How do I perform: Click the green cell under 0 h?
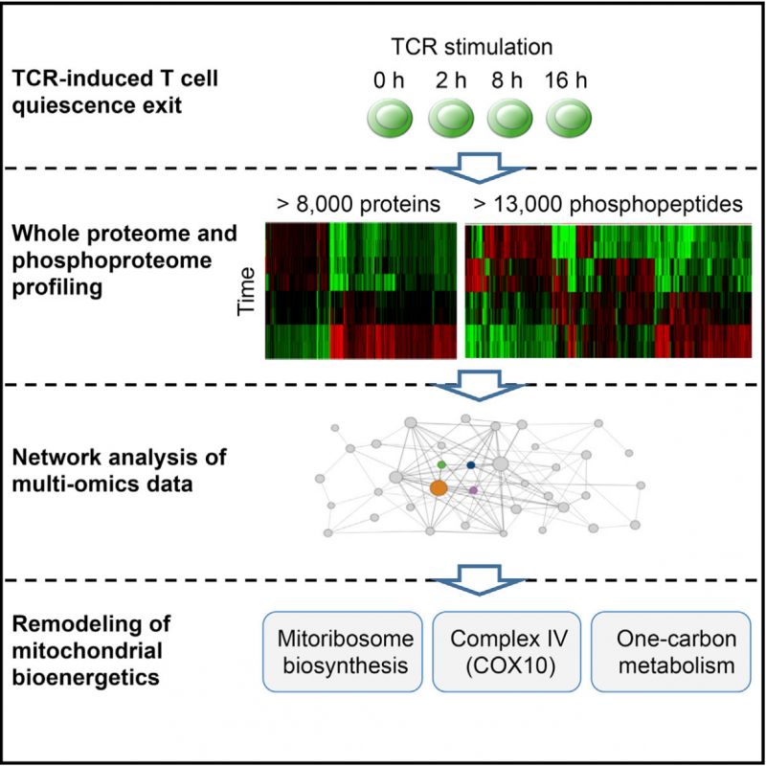pyautogui.click(x=390, y=118)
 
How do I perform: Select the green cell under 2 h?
pyautogui.click(x=451, y=118)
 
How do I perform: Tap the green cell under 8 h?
pyautogui.click(x=509, y=118)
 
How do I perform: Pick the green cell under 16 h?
pyautogui.click(x=569, y=118)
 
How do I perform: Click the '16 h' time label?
pyautogui.click(x=566, y=80)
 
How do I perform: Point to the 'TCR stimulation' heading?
pyautogui.click(x=472, y=47)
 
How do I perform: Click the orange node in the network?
pyautogui.click(x=439, y=487)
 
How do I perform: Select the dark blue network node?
pyautogui.click(x=471, y=465)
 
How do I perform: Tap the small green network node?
pyautogui.click(x=441, y=464)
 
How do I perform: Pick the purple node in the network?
pyautogui.click(x=473, y=490)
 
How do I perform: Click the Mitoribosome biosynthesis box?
pyautogui.click(x=343, y=652)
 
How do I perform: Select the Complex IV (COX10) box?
pyautogui.click(x=507, y=652)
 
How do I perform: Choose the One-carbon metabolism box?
pyautogui.click(x=671, y=652)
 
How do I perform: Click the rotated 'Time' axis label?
pyautogui.click(x=246, y=292)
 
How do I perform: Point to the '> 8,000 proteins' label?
pyautogui.click(x=358, y=204)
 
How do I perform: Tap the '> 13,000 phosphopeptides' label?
pyautogui.click(x=608, y=204)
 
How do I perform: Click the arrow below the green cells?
pyautogui.click(x=480, y=168)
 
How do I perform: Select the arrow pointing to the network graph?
pyautogui.click(x=480, y=385)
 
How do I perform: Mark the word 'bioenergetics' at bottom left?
pyautogui.click(x=85, y=678)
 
